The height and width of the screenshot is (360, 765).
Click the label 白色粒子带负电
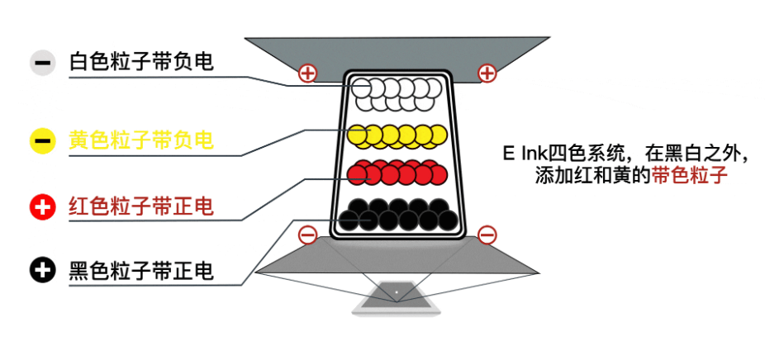click(x=141, y=62)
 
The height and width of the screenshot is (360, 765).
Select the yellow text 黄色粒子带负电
click(x=141, y=140)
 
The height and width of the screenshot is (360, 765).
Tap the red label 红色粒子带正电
click(x=141, y=206)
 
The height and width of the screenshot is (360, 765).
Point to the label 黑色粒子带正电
click(x=141, y=270)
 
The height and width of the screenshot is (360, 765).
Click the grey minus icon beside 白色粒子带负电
click(x=42, y=63)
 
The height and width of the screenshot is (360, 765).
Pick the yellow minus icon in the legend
click(x=42, y=140)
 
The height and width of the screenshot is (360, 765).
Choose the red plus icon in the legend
click(x=42, y=207)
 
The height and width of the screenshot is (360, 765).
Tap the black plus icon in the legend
click(x=42, y=270)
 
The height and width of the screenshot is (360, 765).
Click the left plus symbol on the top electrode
click(x=307, y=73)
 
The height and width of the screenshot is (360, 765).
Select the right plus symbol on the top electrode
click(x=487, y=73)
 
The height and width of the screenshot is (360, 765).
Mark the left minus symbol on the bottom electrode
click(x=307, y=235)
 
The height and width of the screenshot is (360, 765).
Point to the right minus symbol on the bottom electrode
click(x=487, y=235)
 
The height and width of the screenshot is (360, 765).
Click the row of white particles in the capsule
click(x=397, y=93)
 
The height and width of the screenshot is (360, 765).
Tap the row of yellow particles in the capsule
click(x=397, y=135)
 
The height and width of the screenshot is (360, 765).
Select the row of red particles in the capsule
click(x=397, y=173)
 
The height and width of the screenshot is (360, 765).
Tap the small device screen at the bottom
click(x=396, y=296)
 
